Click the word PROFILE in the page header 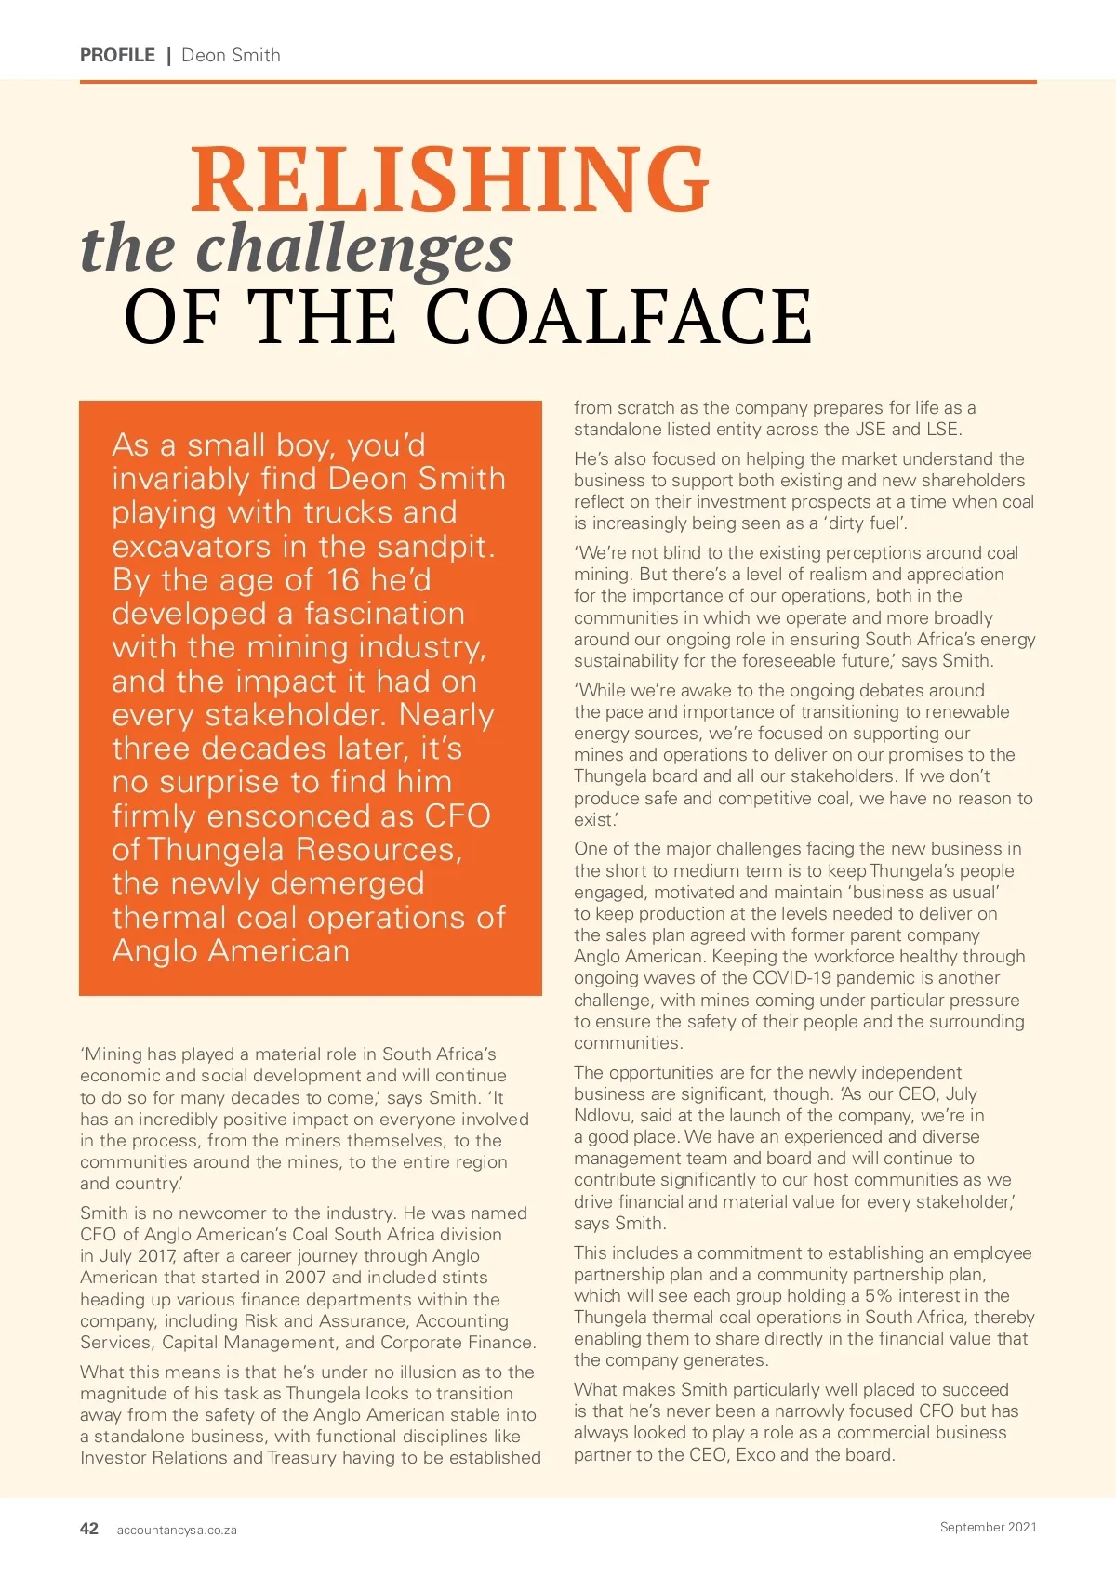pyautogui.click(x=117, y=55)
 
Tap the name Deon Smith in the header pyautogui.click(x=231, y=55)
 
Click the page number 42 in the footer pyautogui.click(x=89, y=1528)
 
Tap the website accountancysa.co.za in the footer pyautogui.click(x=177, y=1530)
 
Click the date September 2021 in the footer pyautogui.click(x=988, y=1527)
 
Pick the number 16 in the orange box pyautogui.click(x=343, y=580)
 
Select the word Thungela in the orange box pyautogui.click(x=215, y=850)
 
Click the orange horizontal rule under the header pyautogui.click(x=558, y=82)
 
